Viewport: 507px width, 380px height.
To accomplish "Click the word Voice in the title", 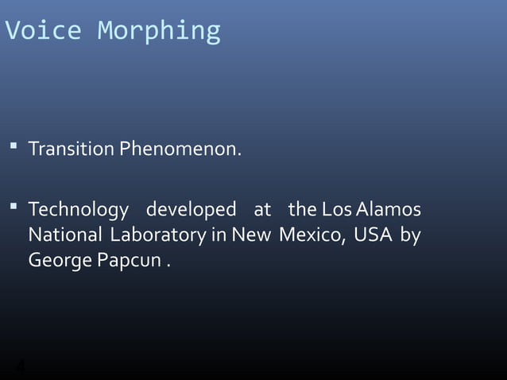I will pos(43,30).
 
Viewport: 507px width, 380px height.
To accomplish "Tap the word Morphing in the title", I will pos(159,31).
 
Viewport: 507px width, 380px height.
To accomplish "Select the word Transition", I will pos(72,149).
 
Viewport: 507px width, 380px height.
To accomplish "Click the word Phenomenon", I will pos(180,149).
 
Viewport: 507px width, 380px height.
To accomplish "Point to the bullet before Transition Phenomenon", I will pos(14,146).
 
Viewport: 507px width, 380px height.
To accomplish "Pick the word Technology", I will pos(78,211).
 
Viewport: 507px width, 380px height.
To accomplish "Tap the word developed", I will pos(191,211).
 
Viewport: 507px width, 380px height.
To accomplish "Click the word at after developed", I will pos(262,211).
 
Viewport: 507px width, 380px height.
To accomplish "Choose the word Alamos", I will pos(389,211).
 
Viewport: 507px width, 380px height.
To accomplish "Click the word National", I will pos(65,235).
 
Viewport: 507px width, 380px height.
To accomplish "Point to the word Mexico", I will pos(312,236).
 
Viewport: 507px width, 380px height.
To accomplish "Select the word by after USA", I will pos(410,236).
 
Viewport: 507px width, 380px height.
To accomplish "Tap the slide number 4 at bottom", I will pos(21,367).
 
